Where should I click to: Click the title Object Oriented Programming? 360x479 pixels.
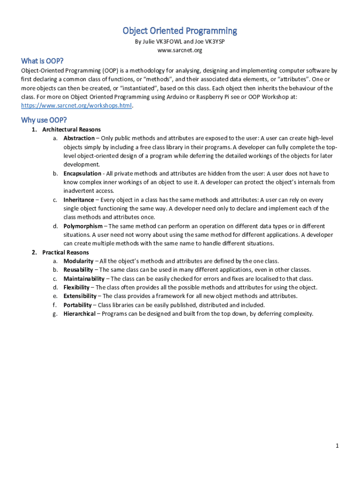[180, 31]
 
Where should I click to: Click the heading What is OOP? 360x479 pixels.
[42, 61]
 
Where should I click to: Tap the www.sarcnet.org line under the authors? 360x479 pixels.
[180, 50]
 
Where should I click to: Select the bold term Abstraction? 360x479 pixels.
[79, 138]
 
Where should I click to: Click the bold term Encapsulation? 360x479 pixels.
[82, 174]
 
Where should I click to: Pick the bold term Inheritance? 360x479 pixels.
[79, 200]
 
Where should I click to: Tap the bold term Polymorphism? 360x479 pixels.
[83, 226]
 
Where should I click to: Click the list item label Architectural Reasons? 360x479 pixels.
[71, 130]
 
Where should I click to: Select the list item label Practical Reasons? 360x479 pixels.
[65, 253]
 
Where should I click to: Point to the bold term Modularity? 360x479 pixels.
[78, 261]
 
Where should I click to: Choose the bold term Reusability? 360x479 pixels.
[79, 270]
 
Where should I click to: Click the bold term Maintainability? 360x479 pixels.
[84, 279]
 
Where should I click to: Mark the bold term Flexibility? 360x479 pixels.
[77, 288]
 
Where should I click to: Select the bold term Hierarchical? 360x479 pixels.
[79, 314]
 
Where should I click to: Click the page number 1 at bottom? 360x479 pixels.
[337, 446]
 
